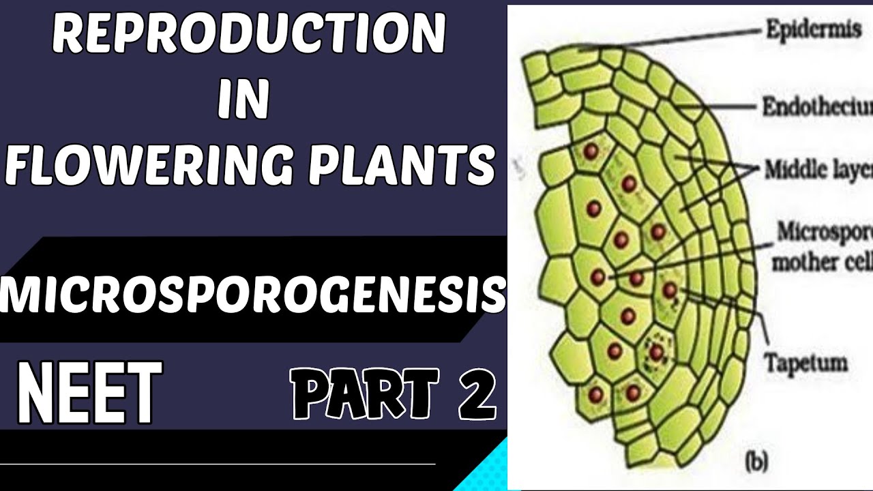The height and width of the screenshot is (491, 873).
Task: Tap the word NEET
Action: pyautogui.click(x=89, y=393)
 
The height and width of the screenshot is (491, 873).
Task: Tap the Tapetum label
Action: pyautogui.click(x=805, y=362)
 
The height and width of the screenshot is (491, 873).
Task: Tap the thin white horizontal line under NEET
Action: pyautogui.click(x=218, y=464)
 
